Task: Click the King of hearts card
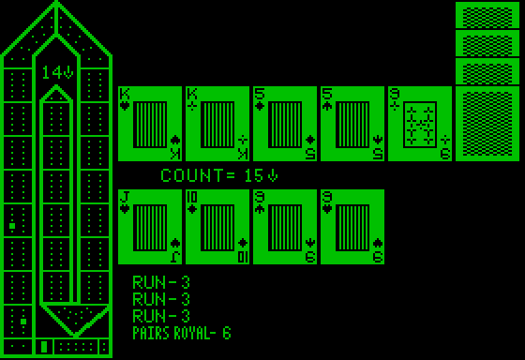click(148, 124)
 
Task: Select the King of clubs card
click(216, 124)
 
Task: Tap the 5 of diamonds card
click(283, 124)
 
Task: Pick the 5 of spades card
click(351, 124)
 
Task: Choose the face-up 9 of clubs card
click(418, 124)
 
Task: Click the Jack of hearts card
click(148, 227)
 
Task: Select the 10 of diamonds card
click(216, 227)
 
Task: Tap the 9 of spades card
click(283, 227)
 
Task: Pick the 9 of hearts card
click(351, 227)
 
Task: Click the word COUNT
click(191, 175)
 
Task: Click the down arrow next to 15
click(274, 175)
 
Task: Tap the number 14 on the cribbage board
click(51, 71)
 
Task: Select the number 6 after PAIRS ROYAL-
click(226, 333)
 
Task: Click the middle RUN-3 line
click(161, 299)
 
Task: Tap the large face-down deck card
click(487, 124)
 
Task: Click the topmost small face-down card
click(487, 15)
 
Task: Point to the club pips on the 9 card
click(418, 124)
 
